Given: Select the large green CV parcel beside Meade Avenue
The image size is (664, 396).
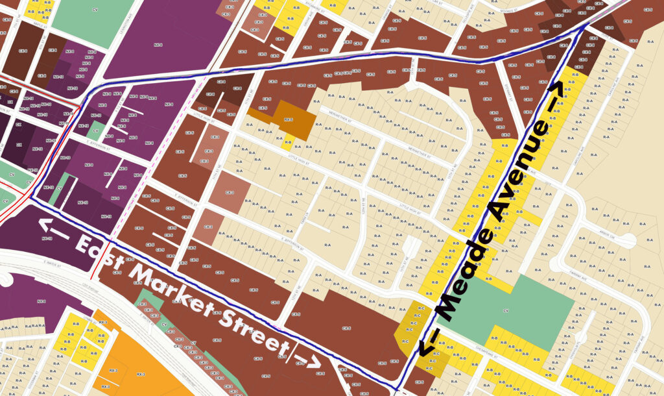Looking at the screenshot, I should pyautogui.click(x=512, y=305).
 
